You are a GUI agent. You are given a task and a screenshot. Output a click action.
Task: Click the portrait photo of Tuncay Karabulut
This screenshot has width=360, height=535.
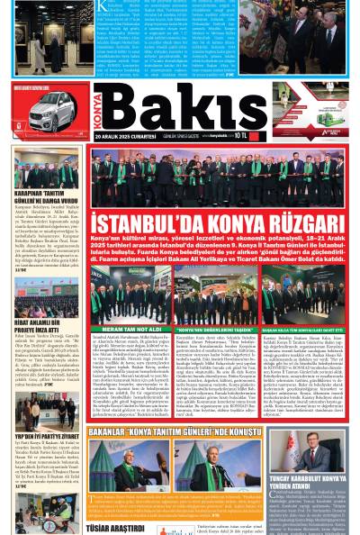(307, 449)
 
